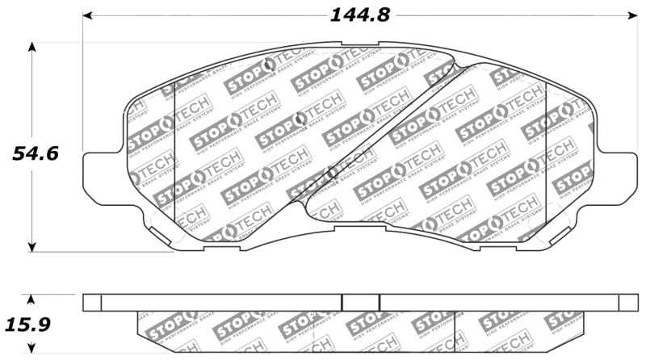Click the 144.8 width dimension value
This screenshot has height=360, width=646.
point(356,15)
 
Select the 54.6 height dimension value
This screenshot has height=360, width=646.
point(35,152)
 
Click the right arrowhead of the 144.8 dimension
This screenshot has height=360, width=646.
point(632,15)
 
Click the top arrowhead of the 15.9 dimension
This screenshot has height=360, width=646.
point(32,298)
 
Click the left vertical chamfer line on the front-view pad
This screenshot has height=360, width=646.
point(175,153)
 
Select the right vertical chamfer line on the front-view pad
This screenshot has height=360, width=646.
point(547,153)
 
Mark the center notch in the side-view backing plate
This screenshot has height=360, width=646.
point(361,302)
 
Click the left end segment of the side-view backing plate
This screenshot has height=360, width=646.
point(92,302)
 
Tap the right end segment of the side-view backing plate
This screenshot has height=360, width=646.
point(628,302)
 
